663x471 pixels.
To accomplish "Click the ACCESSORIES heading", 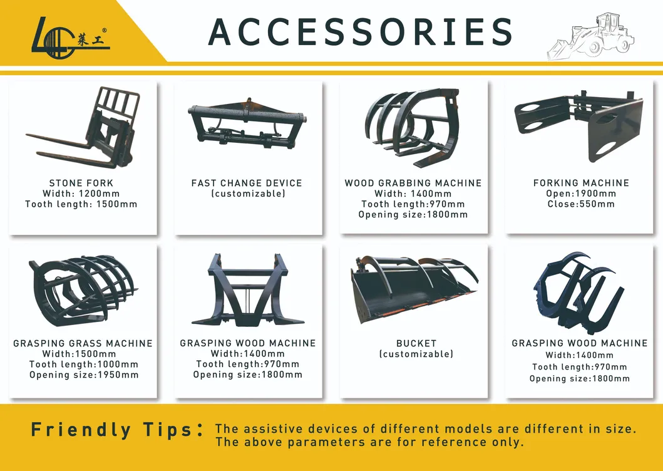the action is tap(360, 32).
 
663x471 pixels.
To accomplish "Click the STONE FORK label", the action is tap(81, 184).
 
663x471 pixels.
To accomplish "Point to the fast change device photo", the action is tap(247, 124).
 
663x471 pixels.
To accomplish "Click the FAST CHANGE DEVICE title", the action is tap(247, 184).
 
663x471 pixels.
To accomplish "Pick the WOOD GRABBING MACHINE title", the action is tap(413, 184).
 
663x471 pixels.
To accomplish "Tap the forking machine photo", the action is tap(579, 125).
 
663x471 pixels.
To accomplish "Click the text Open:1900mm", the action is tap(581, 194).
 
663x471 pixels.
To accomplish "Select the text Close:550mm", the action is tap(581, 204).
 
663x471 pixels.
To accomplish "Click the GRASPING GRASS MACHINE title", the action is tap(83, 343).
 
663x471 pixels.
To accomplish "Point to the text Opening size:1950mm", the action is tap(84, 375).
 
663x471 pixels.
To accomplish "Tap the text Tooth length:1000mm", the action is tap(84, 365).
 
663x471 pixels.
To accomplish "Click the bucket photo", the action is tap(414, 290).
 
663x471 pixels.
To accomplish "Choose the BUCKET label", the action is tap(416, 343).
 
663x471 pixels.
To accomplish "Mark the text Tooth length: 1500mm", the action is tap(81, 204).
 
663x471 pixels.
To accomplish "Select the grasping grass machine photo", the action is tap(83, 291).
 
